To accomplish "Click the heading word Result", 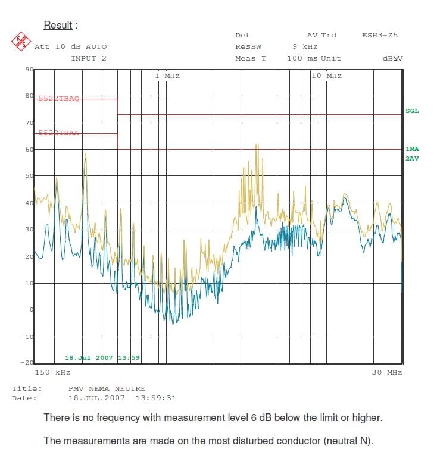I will pos(58,26).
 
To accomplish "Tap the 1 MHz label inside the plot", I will pos(167,76).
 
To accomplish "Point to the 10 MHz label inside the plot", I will pos(326,76).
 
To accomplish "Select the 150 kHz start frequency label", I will pos(52,373).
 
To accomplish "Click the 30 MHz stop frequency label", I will pos(386,373).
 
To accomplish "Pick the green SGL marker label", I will pos(412,111).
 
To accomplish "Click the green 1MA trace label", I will pos(412,149).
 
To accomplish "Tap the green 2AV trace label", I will pos(412,159).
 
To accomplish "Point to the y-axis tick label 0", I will pos(31,310).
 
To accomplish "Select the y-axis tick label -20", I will pos(27,363).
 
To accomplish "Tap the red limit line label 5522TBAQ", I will pos(58,99).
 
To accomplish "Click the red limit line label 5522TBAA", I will pos(58,133).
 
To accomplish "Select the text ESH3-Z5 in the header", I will pos(379,36).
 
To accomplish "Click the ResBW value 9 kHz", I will pos(305,47).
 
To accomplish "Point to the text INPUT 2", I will pos(89,58).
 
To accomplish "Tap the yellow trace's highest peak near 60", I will pos(257,145).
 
